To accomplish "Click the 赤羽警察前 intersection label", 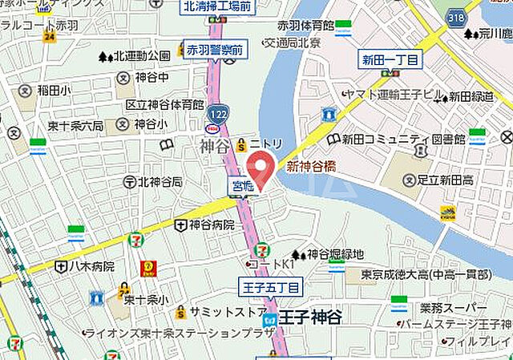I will pyautogui.click(x=215, y=51).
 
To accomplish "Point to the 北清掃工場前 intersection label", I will pyautogui.click(x=217, y=7).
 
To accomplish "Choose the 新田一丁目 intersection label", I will pyautogui.click(x=389, y=60).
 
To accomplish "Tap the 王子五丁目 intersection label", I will pyautogui.click(x=270, y=286).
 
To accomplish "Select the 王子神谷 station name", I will pyautogui.click(x=309, y=318).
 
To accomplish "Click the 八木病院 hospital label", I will pyautogui.click(x=91, y=265).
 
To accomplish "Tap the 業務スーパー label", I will pyautogui.click(x=453, y=308).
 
